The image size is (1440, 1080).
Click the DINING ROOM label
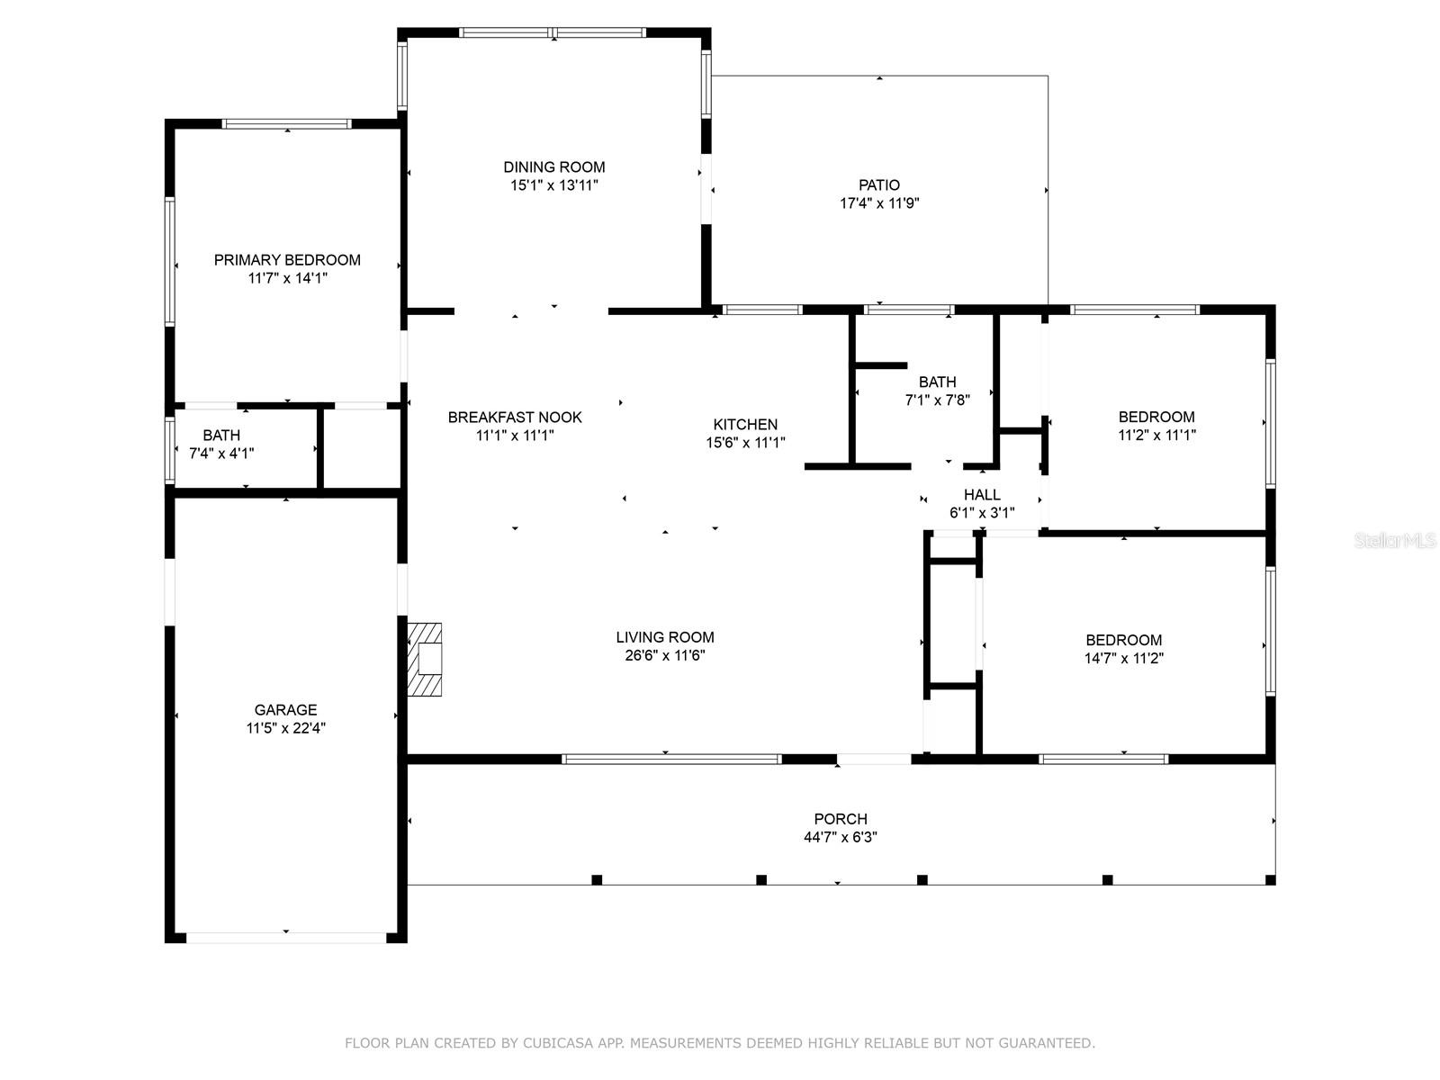pos(553,167)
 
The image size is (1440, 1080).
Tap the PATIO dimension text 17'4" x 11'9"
pos(879,203)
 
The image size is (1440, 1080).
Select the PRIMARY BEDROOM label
pos(287,260)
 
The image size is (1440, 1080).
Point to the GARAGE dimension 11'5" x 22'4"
pos(286,728)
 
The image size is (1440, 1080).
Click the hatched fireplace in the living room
pos(425,659)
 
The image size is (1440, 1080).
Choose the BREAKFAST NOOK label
pos(515,417)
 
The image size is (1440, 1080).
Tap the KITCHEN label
pos(745,424)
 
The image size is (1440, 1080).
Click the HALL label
pos(982,494)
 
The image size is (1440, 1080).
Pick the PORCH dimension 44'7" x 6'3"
pos(841,837)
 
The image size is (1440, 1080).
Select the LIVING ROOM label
pos(664,636)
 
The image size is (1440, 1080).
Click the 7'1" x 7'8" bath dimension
pos(938,400)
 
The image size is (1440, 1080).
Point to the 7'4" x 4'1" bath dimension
pos(221,453)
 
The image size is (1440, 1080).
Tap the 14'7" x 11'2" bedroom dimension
pos(1124,658)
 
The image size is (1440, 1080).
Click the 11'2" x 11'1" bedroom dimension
pos(1156,435)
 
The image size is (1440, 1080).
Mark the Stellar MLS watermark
pos(1395,540)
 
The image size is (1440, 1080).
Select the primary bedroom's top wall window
pos(287,124)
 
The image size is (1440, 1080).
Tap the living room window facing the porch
pos(671,760)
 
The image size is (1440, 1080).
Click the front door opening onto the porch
pos(874,760)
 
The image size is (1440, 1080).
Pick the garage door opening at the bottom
pos(287,938)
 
